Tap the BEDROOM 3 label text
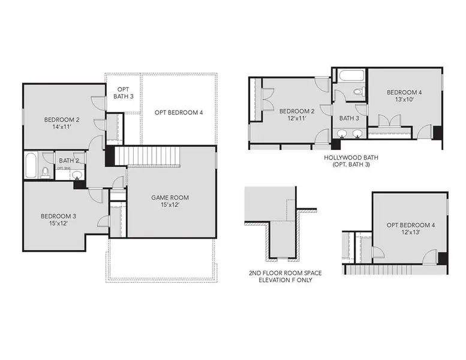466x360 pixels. click(x=58, y=216)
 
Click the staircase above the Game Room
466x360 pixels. click(x=148, y=157)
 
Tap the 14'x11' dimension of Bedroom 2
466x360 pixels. click(x=58, y=127)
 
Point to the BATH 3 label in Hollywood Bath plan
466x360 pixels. click(x=349, y=118)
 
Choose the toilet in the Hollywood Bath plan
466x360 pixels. click(x=359, y=92)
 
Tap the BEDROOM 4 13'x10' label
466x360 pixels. click(x=404, y=96)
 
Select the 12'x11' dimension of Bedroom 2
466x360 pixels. click(x=296, y=118)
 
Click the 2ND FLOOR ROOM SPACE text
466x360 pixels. click(x=285, y=273)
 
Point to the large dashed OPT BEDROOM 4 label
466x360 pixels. click(x=178, y=112)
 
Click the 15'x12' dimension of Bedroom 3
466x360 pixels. click(x=58, y=224)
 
